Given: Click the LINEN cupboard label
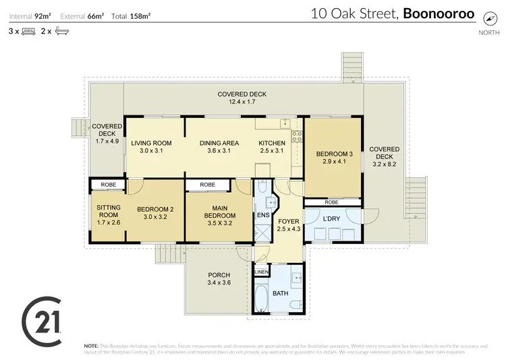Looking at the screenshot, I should point(262,272).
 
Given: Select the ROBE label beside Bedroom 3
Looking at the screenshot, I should point(331,202).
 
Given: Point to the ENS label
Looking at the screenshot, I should point(263,216).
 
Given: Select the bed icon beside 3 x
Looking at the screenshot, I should point(28,31).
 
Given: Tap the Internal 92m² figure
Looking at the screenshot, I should point(31,15).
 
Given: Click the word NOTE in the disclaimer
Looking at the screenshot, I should point(91,344).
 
